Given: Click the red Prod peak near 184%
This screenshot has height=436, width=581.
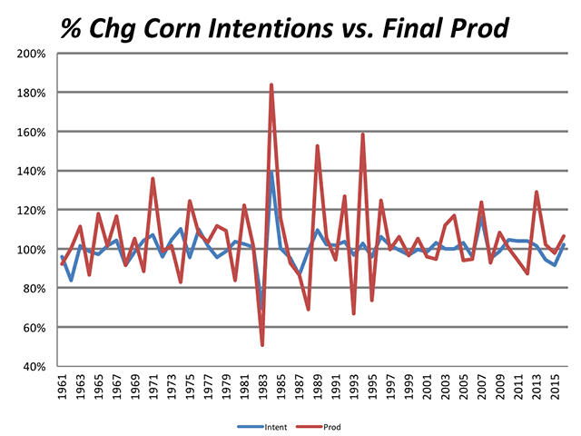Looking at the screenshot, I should pyautogui.click(x=271, y=85).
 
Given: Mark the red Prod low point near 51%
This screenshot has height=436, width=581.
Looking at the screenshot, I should pyautogui.click(x=262, y=344).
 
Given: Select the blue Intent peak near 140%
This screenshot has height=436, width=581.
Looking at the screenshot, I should pyautogui.click(x=271, y=172).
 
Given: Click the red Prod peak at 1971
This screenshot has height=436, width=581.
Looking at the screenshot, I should pyautogui.click(x=153, y=179).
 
